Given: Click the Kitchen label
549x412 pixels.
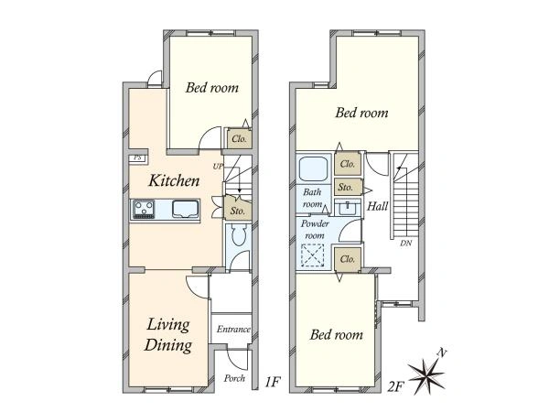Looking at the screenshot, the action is [174, 180].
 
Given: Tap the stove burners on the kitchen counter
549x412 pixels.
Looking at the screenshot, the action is [144, 210].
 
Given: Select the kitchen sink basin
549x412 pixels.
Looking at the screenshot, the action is [185, 209].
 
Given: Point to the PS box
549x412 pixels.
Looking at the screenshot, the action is [138, 158].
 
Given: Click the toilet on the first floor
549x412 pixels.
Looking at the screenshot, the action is [240, 235].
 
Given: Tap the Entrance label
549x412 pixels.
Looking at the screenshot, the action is [233, 330].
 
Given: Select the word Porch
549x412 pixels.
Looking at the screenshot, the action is [234, 378].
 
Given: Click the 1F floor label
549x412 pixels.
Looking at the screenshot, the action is [273, 382].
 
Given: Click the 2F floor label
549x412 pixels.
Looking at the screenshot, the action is [396, 386].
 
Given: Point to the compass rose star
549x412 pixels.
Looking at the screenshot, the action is [426, 376].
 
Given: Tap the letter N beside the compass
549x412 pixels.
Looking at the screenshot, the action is [442, 352].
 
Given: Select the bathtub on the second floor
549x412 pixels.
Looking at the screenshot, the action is [313, 168].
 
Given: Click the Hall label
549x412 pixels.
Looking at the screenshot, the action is [377, 206].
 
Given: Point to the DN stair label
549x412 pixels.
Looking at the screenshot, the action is [406, 243].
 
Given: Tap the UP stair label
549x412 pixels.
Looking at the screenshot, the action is [218, 167].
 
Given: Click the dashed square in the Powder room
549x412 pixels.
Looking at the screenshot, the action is [312, 255].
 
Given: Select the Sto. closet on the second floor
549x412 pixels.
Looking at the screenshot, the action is [348, 188].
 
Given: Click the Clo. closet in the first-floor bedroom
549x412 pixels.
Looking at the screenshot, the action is [239, 139].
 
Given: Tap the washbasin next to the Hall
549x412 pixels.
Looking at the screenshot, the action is [348, 208].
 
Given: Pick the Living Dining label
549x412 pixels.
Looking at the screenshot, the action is [168, 334].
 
